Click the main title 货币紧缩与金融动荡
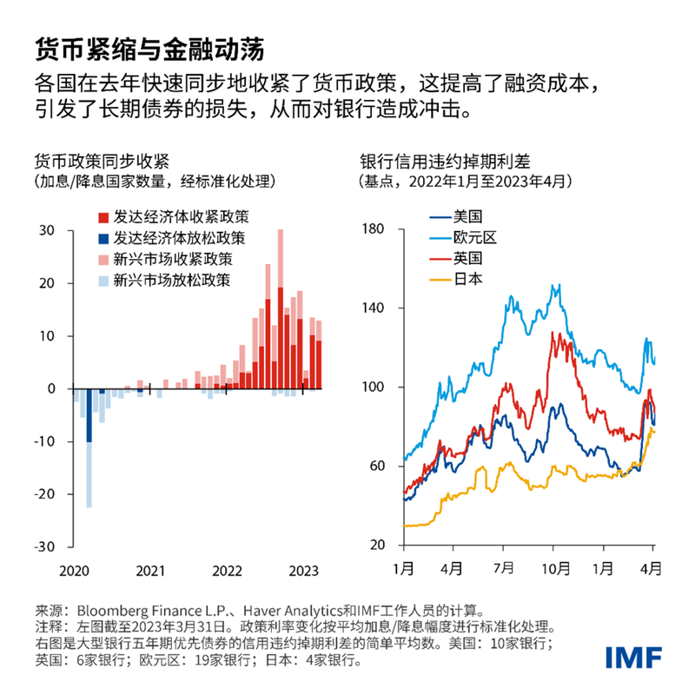click(149, 46)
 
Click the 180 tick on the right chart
click(374, 228)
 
